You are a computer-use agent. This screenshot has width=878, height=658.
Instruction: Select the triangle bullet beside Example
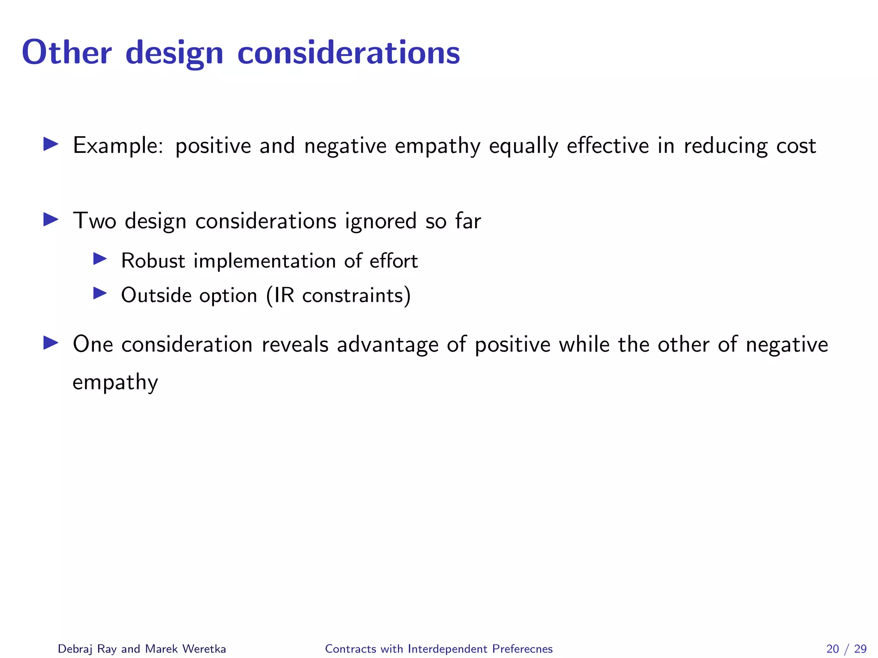pos(51,144)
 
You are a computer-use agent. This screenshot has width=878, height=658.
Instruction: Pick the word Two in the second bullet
pos(94,221)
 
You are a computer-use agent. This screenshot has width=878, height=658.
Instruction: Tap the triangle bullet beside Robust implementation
pos(100,258)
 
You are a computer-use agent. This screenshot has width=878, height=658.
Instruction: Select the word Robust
pos(153,260)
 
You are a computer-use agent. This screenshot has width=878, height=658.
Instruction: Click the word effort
pos(394,260)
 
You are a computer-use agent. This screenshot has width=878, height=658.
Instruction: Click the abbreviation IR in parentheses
pos(284,295)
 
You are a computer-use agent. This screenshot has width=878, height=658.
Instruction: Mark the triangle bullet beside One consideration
pos(51,343)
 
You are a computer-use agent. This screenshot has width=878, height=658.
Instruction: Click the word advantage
pos(388,345)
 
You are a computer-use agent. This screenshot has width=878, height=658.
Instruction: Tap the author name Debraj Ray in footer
pos(87,649)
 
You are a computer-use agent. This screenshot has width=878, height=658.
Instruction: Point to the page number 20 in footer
pos(833,649)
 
